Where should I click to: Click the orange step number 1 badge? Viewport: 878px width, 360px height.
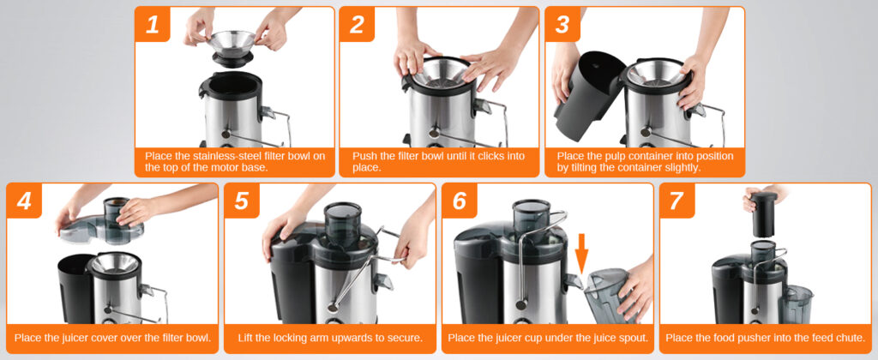pyautogui.click(x=152, y=24)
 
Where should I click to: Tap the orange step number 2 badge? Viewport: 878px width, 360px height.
pyautogui.click(x=357, y=24)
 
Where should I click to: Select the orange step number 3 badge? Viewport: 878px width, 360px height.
pyautogui.click(x=562, y=24)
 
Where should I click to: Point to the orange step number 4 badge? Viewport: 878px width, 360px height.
pyautogui.click(x=24, y=201)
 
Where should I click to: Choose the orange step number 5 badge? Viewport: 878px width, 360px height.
pyautogui.click(x=241, y=201)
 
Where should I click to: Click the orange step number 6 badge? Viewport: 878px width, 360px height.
pyautogui.click(x=460, y=201)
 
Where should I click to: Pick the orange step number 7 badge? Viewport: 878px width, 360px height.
pyautogui.click(x=677, y=201)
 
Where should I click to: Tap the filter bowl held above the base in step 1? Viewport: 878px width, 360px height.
pyautogui.click(x=232, y=48)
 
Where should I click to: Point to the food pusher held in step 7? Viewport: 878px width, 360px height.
pyautogui.click(x=764, y=214)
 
